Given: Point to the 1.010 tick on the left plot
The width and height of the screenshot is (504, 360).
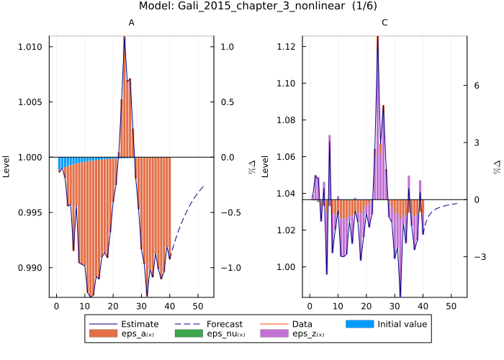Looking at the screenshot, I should click(x=32, y=47).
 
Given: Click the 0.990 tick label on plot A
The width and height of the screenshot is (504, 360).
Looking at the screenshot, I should click(x=32, y=267).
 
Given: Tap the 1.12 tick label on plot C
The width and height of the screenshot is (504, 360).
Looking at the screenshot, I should click(x=288, y=47).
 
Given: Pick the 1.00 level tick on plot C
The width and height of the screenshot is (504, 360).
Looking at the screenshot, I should click(x=288, y=267).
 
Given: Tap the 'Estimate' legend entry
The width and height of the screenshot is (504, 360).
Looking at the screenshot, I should click(x=140, y=324).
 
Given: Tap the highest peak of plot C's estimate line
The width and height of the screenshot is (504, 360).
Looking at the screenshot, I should click(x=377, y=35).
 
